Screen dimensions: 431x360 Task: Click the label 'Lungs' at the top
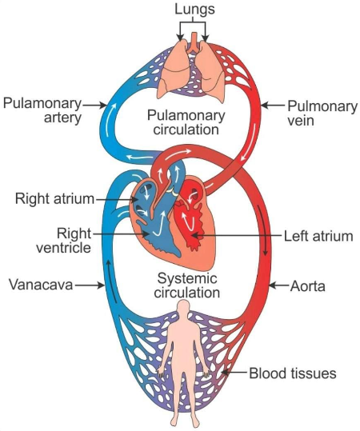191,9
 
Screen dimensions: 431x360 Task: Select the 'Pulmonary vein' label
313,111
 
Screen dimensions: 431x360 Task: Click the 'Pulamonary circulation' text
189,124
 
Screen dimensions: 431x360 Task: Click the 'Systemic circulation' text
189,285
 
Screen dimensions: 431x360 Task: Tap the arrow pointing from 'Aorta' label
278,284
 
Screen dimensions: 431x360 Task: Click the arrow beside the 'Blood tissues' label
234,373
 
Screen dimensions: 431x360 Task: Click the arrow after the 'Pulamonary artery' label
94,104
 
